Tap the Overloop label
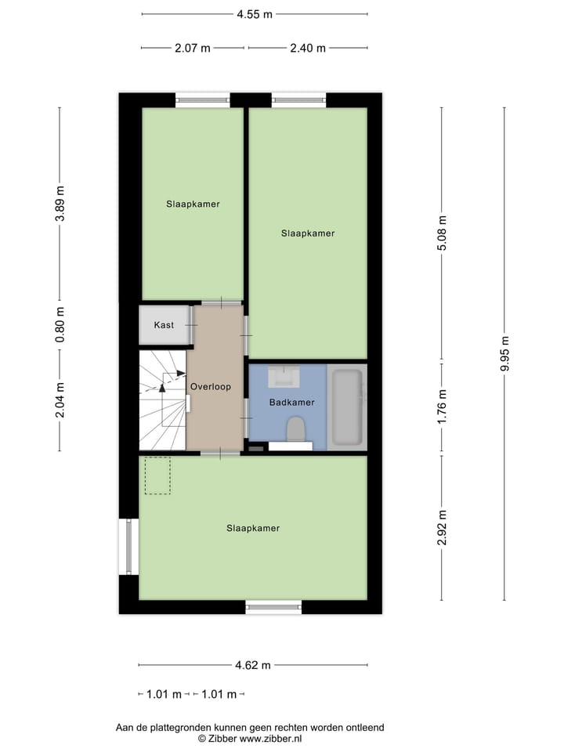click(x=210, y=386)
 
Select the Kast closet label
click(x=164, y=324)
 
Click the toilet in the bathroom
click(x=295, y=430)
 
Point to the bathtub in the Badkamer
click(x=346, y=407)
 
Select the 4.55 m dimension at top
click(x=255, y=14)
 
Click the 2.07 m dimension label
click(x=192, y=48)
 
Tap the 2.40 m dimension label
click(x=307, y=48)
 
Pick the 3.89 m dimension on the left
click(x=60, y=204)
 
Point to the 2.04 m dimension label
click(x=60, y=399)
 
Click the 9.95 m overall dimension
click(x=504, y=354)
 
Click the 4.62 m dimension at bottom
click(x=253, y=665)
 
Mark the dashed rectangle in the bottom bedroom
click(x=157, y=475)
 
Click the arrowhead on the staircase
click(x=182, y=373)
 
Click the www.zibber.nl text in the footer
click(x=270, y=738)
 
